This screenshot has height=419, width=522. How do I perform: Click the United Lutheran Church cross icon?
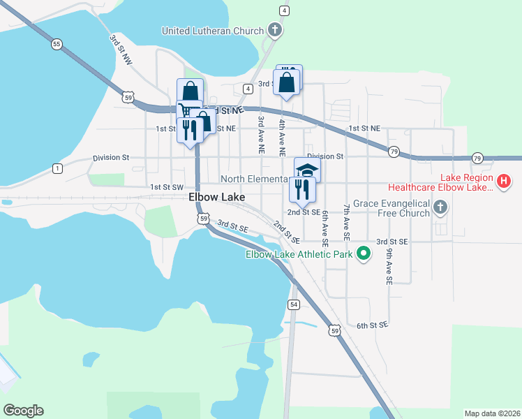point(275,30)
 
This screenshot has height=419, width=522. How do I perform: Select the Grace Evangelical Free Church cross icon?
point(440,207)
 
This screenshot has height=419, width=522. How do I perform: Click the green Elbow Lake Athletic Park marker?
point(363,254)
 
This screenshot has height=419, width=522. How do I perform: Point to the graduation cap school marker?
point(306,170)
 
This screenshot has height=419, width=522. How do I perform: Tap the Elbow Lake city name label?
point(216,198)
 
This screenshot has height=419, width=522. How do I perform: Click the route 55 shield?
point(57,44)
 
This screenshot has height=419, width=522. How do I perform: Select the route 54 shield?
point(293,304)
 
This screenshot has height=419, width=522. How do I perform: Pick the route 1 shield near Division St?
point(57,168)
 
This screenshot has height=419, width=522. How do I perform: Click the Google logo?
point(23,411)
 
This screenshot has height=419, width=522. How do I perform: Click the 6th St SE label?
point(371,325)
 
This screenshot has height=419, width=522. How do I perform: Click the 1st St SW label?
point(167,187)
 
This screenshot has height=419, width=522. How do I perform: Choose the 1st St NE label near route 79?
point(364,128)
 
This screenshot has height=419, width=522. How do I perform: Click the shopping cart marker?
point(186,110)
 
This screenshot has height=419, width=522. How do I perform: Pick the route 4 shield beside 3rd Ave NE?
point(248,89)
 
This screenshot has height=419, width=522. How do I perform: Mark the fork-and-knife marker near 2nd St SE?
point(302,188)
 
